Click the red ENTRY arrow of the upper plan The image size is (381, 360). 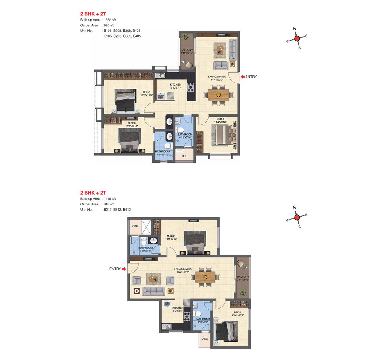click(243, 77)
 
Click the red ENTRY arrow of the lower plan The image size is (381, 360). click(124, 269)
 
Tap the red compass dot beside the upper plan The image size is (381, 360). click(297, 39)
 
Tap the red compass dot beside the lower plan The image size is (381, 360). click(297, 218)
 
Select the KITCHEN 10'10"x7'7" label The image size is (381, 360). click(175, 86)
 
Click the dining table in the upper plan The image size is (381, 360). click(218, 95)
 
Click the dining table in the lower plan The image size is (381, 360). click(205, 277)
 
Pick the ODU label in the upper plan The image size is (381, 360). click(184, 156)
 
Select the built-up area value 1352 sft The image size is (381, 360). click(110, 20)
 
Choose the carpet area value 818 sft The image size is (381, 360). click(109, 204)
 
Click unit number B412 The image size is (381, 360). click(127, 209)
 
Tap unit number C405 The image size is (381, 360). click(137, 36)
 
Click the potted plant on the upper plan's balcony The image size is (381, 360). click(185, 37)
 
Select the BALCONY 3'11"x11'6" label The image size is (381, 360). click(243, 278)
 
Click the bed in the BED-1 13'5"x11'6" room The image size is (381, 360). click(125, 100)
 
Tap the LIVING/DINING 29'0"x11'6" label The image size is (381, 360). click(183, 271)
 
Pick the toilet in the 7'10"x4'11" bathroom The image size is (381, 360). click(144, 241)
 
